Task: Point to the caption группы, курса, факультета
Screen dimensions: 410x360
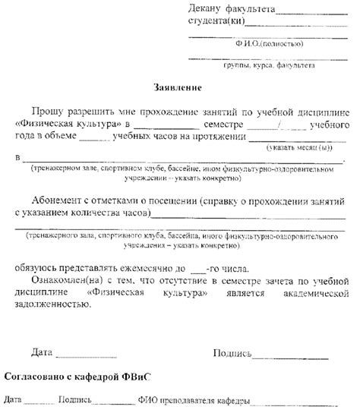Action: click(268, 67)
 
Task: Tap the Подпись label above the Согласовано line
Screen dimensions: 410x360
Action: click(232, 353)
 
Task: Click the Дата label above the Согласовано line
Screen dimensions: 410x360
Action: click(43, 353)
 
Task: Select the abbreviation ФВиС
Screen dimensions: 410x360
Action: click(137, 377)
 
